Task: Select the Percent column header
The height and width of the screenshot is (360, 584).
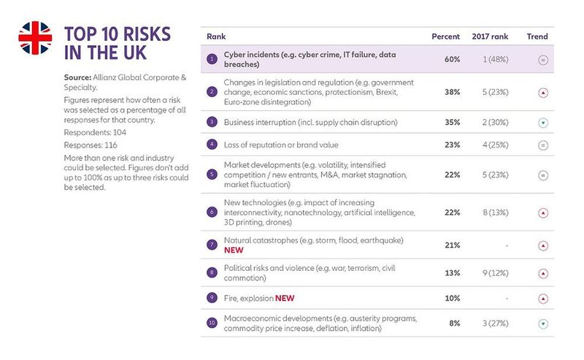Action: click(x=446, y=37)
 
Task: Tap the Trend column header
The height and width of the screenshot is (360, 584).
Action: click(x=537, y=37)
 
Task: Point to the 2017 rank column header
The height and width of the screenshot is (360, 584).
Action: click(x=491, y=37)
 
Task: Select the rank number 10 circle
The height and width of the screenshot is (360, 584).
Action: click(x=212, y=322)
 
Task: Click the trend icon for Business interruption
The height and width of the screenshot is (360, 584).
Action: click(x=543, y=122)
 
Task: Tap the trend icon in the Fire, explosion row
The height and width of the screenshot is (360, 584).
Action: click(x=543, y=299)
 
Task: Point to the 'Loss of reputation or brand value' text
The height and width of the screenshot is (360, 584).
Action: click(x=286, y=145)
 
